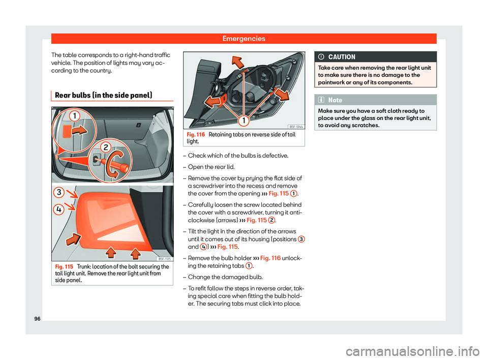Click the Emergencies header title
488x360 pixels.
244,38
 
